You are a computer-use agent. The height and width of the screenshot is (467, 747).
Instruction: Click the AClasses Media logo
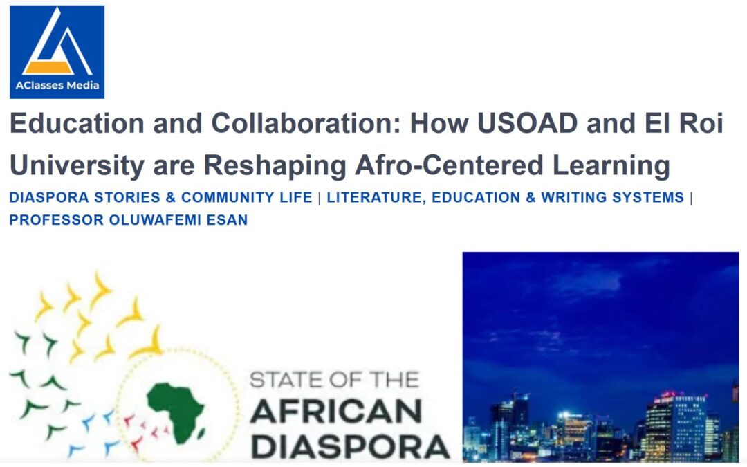[x=57, y=52]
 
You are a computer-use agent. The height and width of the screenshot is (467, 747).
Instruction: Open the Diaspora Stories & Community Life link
[x=160, y=197]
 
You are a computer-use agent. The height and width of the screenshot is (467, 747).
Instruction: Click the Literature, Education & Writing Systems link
[x=505, y=197]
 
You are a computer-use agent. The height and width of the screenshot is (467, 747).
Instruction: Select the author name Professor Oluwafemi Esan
[x=128, y=221]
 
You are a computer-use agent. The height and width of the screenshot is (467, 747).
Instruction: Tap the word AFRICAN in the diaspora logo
[x=335, y=412]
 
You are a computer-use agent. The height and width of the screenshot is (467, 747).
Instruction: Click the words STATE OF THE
[x=333, y=381]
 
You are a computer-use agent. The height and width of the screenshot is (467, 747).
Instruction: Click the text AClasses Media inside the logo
[x=57, y=86]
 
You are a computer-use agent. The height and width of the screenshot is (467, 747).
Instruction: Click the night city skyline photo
[x=600, y=356]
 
